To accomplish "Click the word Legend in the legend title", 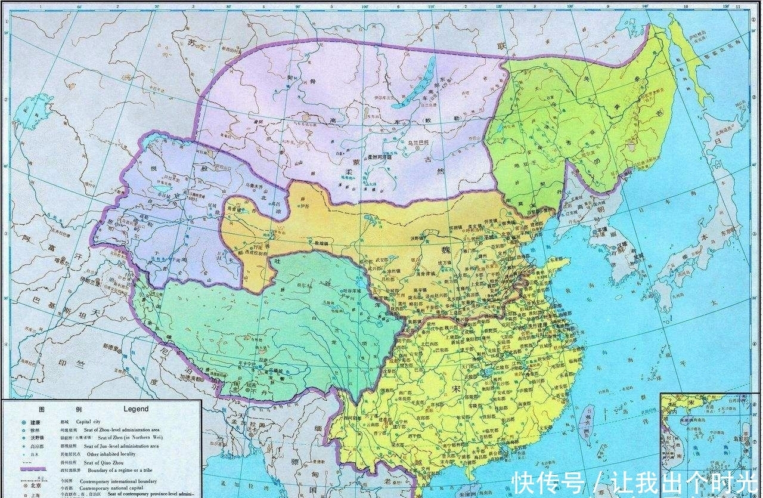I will (136, 409).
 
